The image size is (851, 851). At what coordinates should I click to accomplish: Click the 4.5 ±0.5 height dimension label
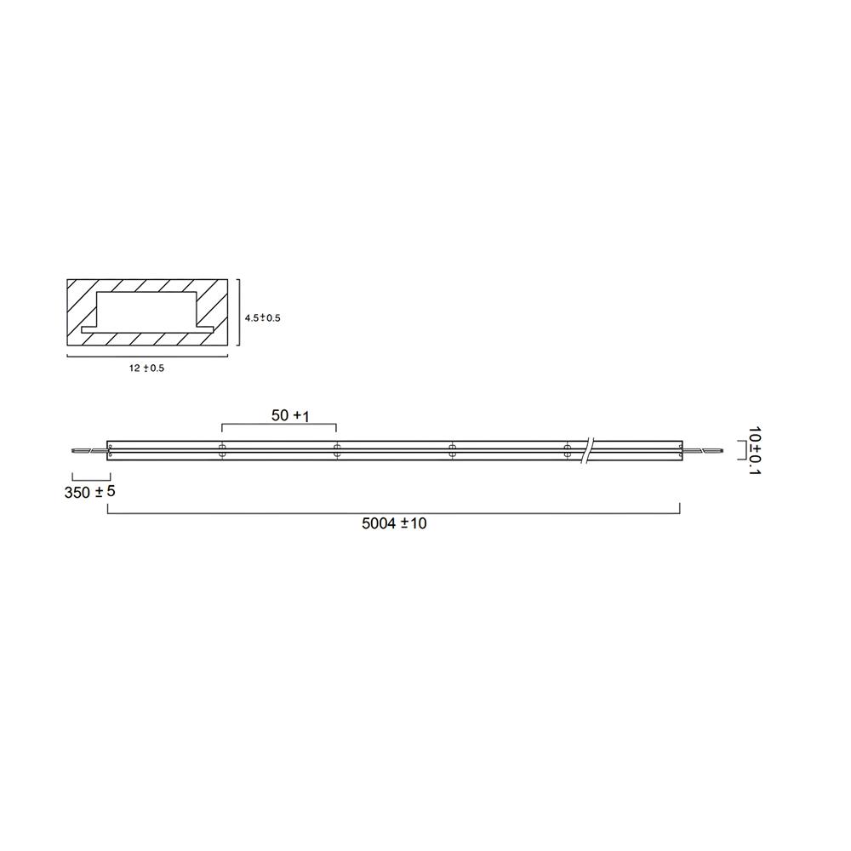point(262,317)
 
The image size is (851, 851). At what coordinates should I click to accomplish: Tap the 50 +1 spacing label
point(289,416)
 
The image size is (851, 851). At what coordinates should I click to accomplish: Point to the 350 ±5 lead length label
point(89,493)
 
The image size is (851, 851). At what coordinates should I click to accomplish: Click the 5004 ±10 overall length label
point(394,524)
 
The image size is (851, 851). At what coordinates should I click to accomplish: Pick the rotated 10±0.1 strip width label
point(751,451)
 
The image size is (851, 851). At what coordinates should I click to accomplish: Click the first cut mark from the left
point(222,451)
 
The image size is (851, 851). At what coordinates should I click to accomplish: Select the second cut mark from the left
point(337,451)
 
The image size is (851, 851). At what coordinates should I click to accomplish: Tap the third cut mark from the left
point(452,451)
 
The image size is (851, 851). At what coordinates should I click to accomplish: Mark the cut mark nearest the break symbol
point(567,451)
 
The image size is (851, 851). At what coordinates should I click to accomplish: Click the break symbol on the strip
point(588,450)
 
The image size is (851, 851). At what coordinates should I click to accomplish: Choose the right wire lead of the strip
point(702,452)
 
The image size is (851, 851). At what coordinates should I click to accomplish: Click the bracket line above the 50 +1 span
point(279,425)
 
